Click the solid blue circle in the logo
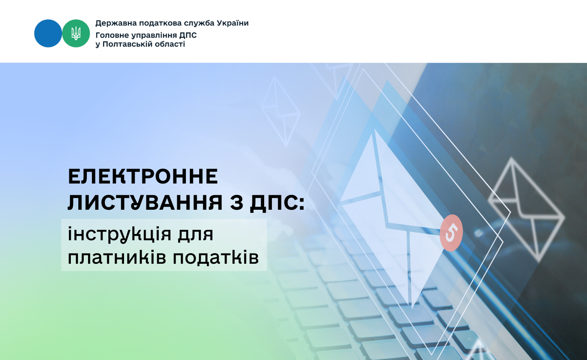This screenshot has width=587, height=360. pos(48,33)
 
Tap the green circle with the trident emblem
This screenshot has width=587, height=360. pos(76,33)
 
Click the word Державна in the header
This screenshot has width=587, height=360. pos(116,23)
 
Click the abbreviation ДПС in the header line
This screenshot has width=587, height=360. pos(188,35)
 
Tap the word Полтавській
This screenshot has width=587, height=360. pos(127,44)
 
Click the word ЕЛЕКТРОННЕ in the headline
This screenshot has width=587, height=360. pos(143,176)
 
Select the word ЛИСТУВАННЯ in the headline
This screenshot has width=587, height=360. pos(145,202)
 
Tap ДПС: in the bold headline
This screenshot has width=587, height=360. pos(277,203)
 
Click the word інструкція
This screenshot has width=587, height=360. pos(120,234)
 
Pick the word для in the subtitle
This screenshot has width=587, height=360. pos(196,234)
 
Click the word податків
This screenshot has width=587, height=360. pos(216,257)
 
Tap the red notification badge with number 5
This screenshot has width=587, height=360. pos(451,233)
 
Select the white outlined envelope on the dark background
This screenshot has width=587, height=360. pos(526,210)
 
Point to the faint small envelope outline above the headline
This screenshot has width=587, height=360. pos(281,111)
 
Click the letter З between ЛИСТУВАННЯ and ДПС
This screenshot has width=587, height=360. pos(236,203)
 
